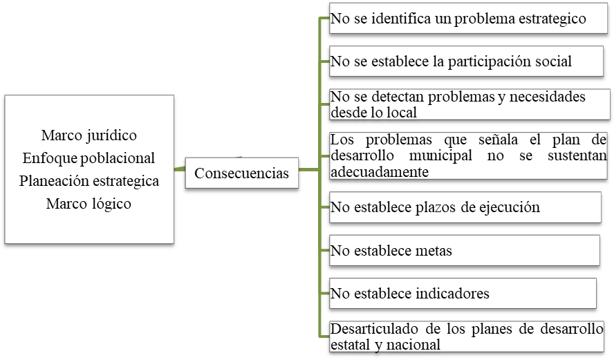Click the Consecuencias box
click(241, 173)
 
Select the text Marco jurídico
click(89, 134)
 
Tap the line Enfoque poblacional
click(89, 158)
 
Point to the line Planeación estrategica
click(89, 181)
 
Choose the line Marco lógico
click(89, 204)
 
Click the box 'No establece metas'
click(463, 251)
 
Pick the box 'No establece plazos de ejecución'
click(465, 207)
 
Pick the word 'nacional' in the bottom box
click(414, 344)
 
